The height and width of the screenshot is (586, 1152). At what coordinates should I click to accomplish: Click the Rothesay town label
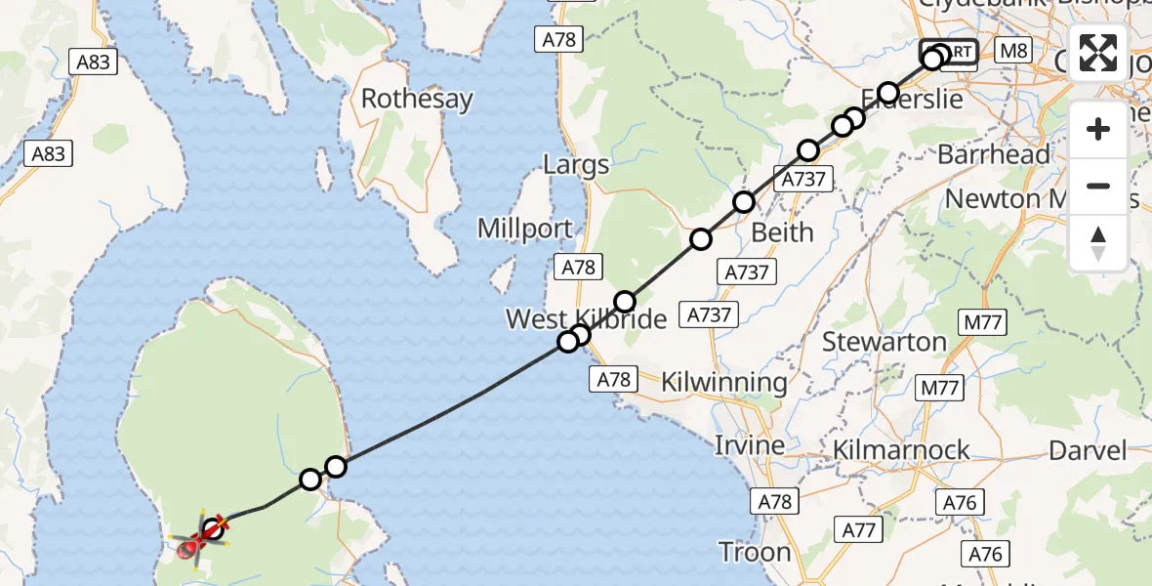tap(417, 99)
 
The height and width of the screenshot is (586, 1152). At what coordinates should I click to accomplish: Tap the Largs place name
tap(577, 164)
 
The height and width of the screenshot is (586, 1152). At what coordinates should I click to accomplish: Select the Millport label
tap(524, 230)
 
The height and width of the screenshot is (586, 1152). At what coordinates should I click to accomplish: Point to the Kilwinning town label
tap(724, 382)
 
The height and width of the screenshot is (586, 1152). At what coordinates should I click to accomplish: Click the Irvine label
tap(750, 445)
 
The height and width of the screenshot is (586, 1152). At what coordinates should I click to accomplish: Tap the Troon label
tap(755, 552)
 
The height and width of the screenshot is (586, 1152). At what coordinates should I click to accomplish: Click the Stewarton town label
tap(885, 342)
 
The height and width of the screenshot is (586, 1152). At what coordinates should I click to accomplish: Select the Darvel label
tap(1088, 450)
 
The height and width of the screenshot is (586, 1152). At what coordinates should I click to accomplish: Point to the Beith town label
tap(782, 232)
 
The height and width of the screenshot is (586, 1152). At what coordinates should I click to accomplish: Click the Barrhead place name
tap(994, 154)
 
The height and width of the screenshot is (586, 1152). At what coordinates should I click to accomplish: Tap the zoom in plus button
tap(1098, 129)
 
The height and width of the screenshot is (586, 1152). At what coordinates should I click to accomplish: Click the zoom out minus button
tap(1098, 186)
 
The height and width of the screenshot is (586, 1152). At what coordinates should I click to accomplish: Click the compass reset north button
tap(1098, 242)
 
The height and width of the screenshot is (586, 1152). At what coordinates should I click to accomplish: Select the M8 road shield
tap(1014, 50)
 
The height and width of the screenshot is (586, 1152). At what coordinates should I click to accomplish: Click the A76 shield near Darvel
tap(957, 502)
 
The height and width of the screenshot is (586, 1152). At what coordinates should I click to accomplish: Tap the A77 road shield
tap(858, 530)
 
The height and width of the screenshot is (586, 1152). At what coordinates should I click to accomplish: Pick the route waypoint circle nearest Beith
tap(744, 202)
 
